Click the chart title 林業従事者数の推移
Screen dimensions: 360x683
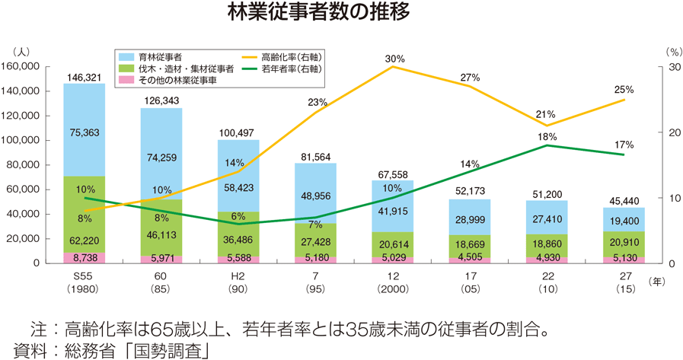click(x=340, y=13)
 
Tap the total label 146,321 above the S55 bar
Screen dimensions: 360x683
click(x=84, y=77)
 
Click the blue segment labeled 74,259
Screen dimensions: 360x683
click(x=161, y=158)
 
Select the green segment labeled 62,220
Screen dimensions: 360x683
click(x=84, y=241)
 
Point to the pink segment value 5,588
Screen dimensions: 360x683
click(x=238, y=259)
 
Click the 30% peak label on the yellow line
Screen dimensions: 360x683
click(x=394, y=59)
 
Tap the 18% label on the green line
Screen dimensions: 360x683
click(x=547, y=136)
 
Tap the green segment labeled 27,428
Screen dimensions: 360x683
click(x=315, y=241)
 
